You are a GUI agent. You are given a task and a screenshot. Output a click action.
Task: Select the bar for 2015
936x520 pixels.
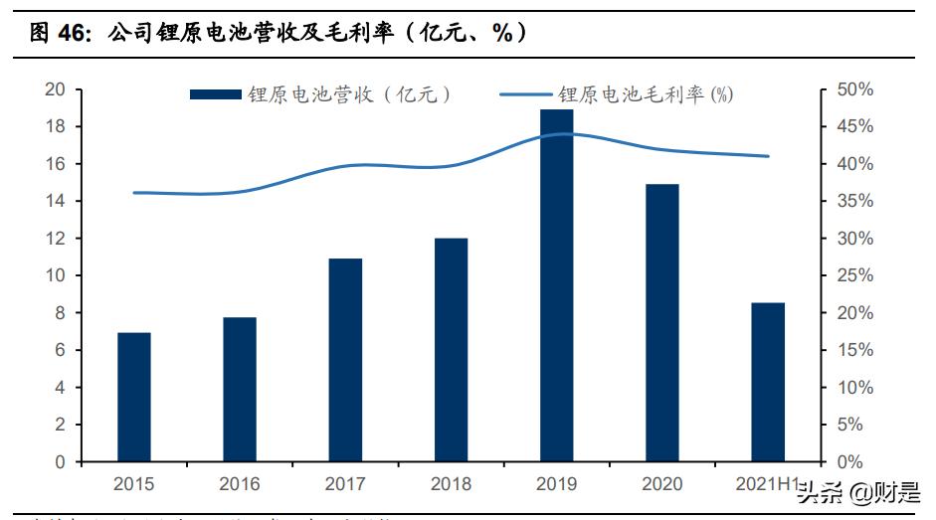pyautogui.click(x=133, y=397)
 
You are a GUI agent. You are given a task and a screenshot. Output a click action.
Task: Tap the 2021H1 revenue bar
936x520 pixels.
pyautogui.click(x=768, y=382)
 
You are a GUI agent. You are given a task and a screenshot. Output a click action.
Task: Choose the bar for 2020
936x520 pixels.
pyautogui.click(x=662, y=323)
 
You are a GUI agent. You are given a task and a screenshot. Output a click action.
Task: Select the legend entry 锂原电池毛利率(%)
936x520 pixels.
pyautogui.click(x=617, y=94)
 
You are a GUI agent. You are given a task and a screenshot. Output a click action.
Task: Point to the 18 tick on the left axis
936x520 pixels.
pyautogui.click(x=56, y=126)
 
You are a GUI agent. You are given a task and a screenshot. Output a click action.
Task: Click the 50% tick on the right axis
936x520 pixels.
pyautogui.click(x=854, y=89)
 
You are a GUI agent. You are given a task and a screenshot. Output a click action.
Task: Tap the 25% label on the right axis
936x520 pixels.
pyautogui.click(x=854, y=275)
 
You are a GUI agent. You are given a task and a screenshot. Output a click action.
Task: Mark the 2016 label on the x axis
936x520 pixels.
pyautogui.click(x=240, y=484)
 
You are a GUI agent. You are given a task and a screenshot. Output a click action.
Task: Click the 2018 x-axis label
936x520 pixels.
pyautogui.click(x=451, y=484)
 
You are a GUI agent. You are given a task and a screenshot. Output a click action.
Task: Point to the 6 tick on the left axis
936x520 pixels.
pyautogui.click(x=61, y=350)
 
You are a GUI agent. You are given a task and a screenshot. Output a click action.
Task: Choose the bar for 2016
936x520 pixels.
pyautogui.click(x=240, y=390)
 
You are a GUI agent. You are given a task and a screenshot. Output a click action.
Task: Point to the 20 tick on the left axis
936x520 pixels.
pyautogui.click(x=56, y=89)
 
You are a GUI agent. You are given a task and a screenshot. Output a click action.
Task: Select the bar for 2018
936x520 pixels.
pyautogui.click(x=451, y=350)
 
